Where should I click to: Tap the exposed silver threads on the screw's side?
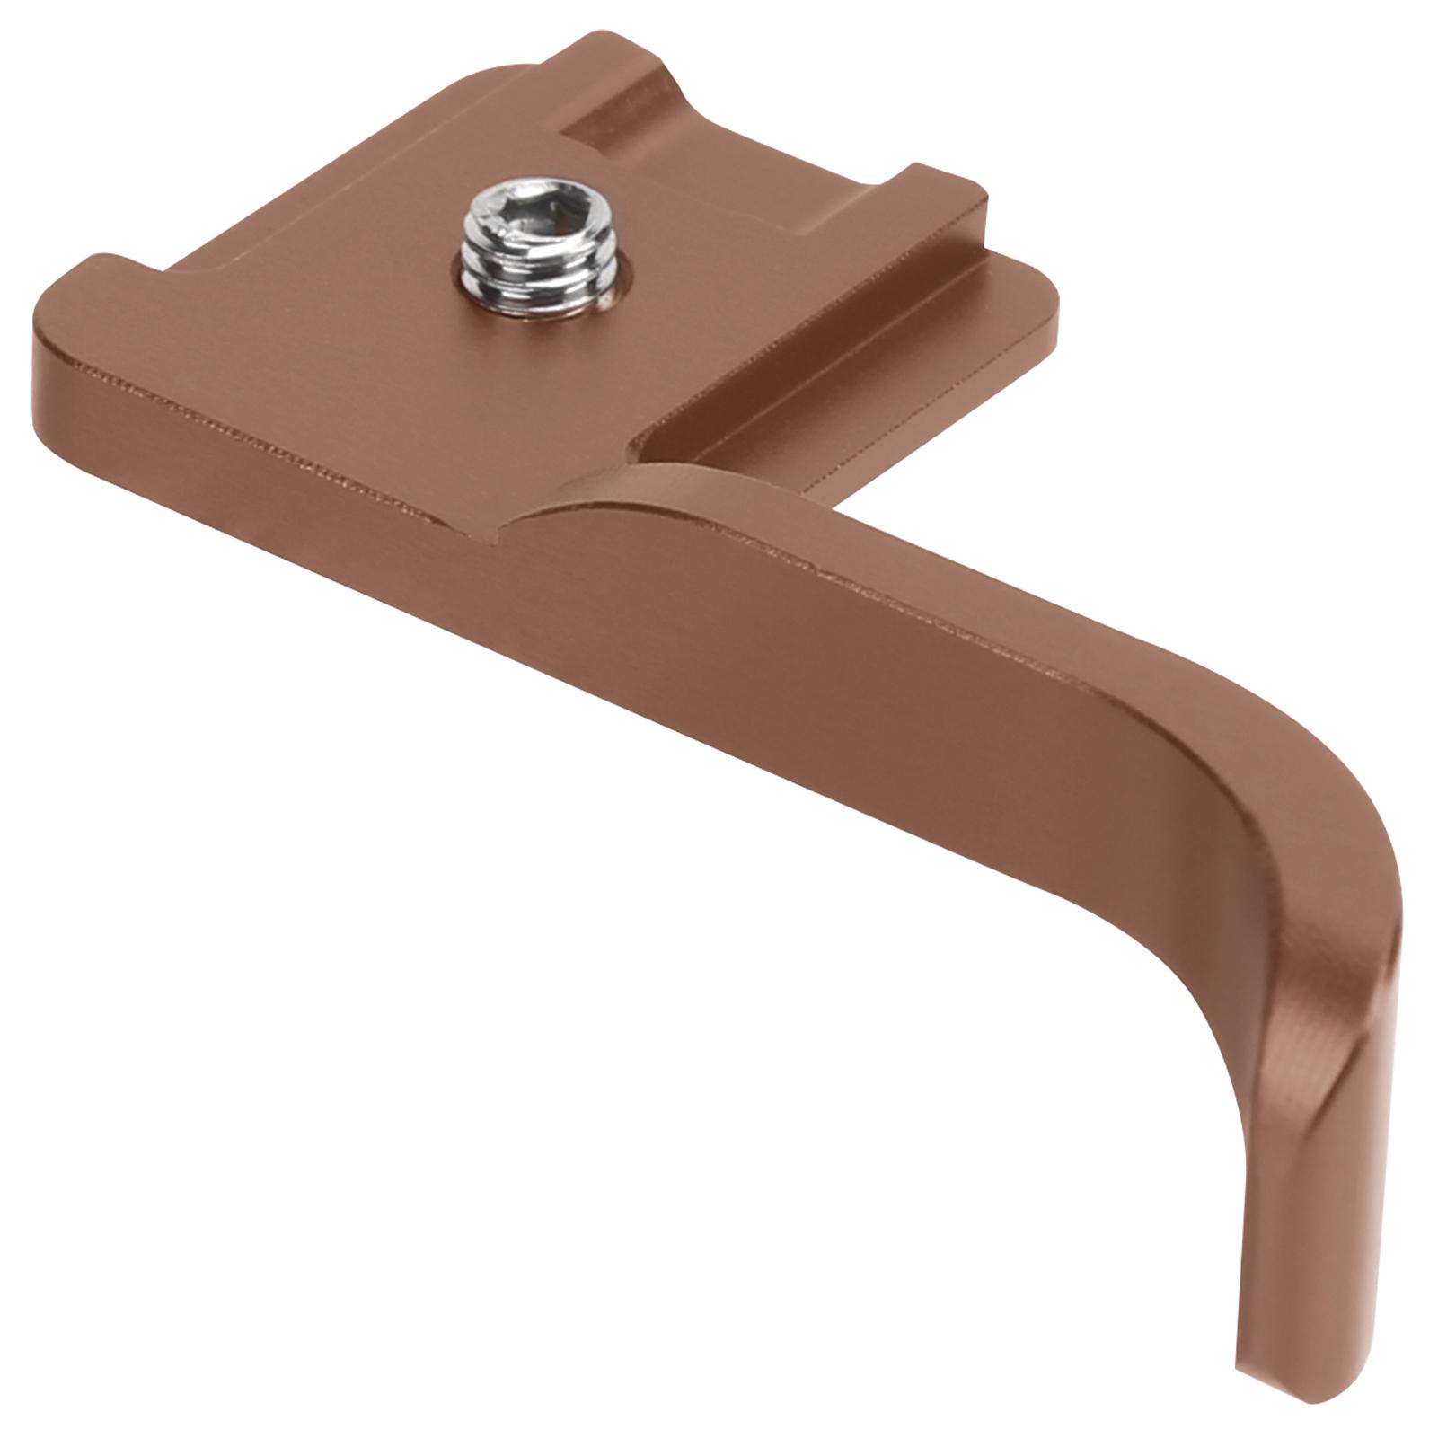(530, 274)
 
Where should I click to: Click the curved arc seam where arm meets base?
(575, 490)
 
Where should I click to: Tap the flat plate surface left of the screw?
(359, 296)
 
